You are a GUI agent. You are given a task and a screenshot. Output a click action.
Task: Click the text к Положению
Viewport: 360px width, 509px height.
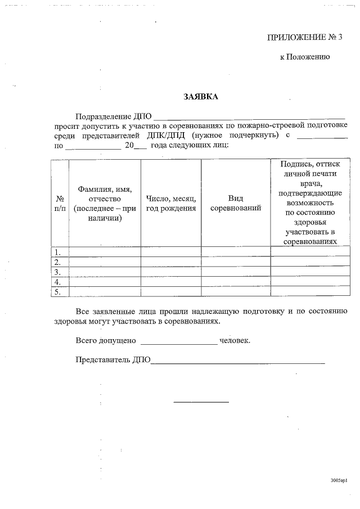click(x=304, y=57)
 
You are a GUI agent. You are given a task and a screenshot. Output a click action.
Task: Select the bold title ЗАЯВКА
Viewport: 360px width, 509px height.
click(x=200, y=97)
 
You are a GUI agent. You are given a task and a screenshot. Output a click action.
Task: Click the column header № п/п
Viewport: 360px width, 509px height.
click(x=60, y=203)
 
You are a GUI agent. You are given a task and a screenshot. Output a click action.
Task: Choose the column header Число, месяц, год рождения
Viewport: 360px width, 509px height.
click(x=171, y=203)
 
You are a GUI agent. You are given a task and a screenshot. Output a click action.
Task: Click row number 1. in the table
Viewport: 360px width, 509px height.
click(x=57, y=252)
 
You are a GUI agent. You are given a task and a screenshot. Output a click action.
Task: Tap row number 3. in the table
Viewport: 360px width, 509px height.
click(x=57, y=272)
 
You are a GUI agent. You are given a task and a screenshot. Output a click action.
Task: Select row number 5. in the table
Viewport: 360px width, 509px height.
click(x=57, y=292)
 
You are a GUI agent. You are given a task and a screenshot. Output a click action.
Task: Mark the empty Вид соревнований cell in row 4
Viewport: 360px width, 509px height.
click(x=235, y=282)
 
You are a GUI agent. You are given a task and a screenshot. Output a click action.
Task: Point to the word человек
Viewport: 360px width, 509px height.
click(x=235, y=340)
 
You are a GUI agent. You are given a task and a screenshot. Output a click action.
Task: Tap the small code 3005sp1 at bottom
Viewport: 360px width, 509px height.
click(x=339, y=480)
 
